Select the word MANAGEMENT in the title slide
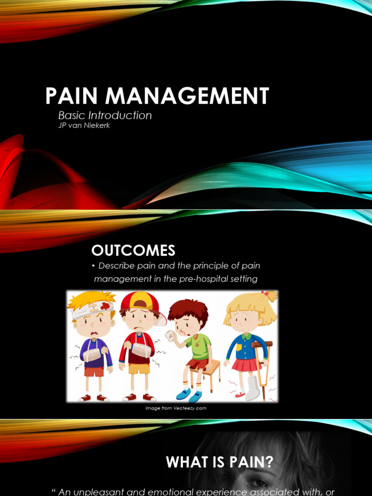click(187, 96)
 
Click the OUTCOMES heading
click(133, 250)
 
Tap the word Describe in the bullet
click(116, 266)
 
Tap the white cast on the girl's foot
click(252, 387)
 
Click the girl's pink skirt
click(247, 365)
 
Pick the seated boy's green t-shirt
click(199, 346)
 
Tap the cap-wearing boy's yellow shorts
click(139, 369)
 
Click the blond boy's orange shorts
click(94, 372)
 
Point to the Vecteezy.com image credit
click(176, 408)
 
